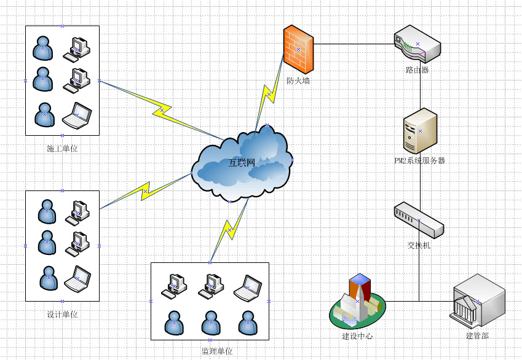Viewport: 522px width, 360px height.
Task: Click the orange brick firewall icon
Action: [299, 49]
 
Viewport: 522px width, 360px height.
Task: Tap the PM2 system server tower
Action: [420, 131]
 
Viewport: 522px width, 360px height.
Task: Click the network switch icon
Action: [419, 220]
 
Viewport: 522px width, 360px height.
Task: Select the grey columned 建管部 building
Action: [478, 301]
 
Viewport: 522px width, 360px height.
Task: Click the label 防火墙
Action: [298, 80]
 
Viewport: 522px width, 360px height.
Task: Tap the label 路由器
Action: [417, 70]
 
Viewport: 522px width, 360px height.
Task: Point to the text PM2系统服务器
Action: [419, 161]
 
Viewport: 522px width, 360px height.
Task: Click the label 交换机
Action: [419, 245]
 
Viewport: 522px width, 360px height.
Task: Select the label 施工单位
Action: [62, 149]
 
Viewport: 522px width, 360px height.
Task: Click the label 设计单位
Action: [62, 315]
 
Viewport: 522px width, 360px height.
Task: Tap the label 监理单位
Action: [217, 351]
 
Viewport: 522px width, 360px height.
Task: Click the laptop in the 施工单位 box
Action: [77, 115]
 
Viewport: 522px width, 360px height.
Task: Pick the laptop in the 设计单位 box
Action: [77, 280]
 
